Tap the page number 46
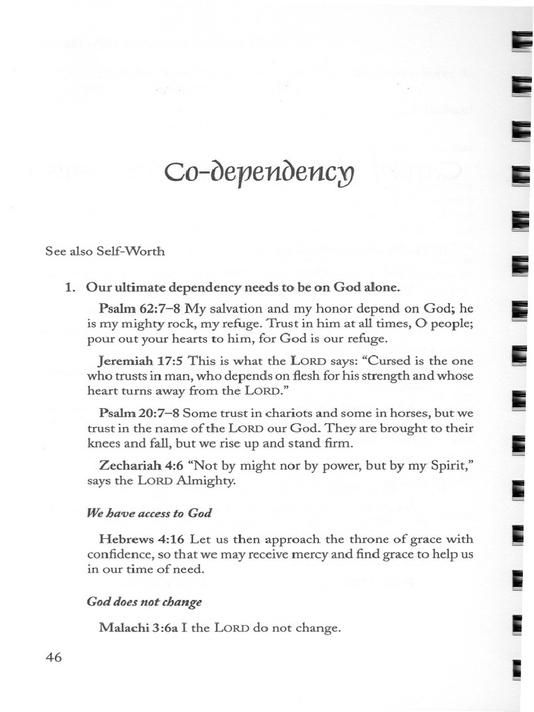point(54,657)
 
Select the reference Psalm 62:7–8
point(140,308)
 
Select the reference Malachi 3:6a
point(139,628)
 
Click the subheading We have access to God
point(149,513)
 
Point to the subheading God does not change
point(145,601)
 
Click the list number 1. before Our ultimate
point(70,287)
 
